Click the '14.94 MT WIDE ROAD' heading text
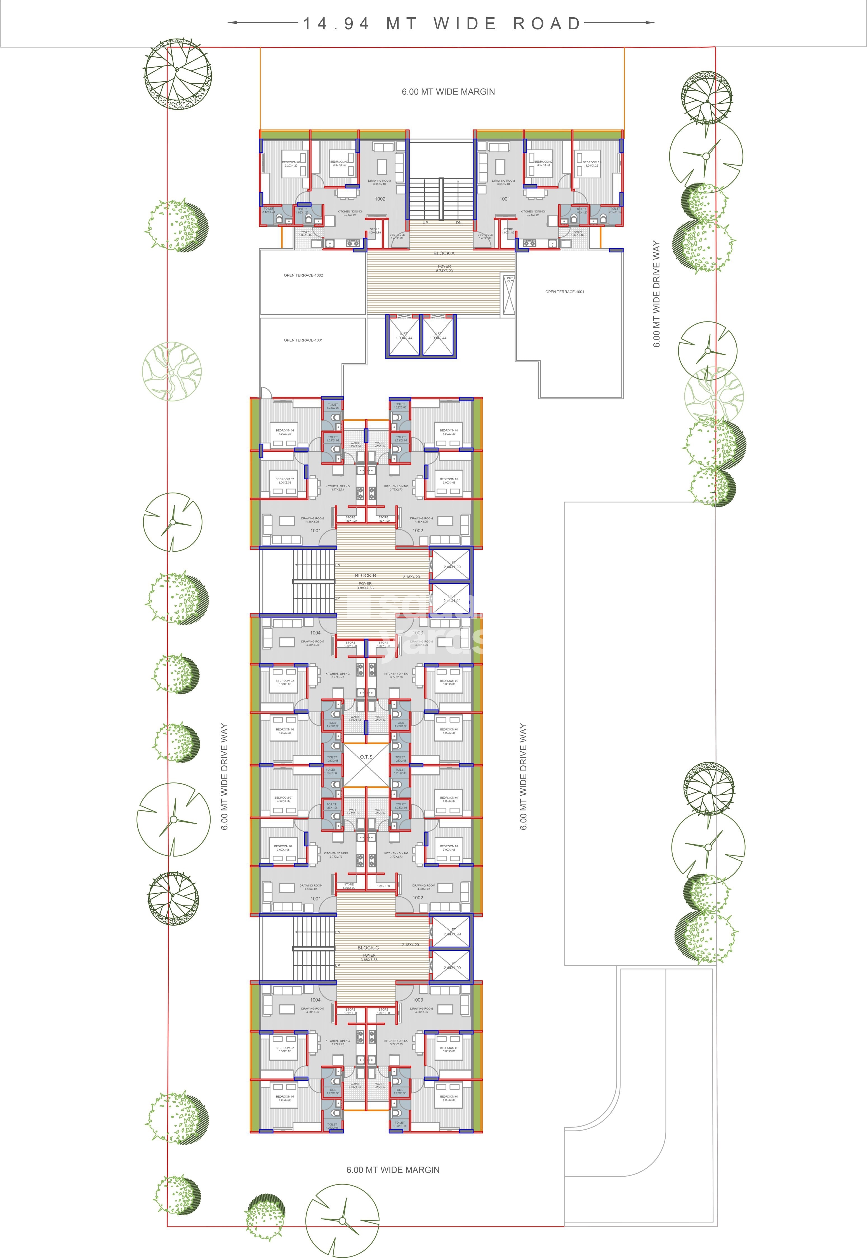441,23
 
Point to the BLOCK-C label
368,947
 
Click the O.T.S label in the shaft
366,756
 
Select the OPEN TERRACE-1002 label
303,275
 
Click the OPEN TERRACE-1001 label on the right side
564,292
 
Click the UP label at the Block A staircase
425,223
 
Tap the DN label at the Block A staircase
458,223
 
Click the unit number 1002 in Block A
380,199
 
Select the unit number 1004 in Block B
315,633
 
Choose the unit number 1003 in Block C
417,1000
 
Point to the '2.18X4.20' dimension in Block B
411,577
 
